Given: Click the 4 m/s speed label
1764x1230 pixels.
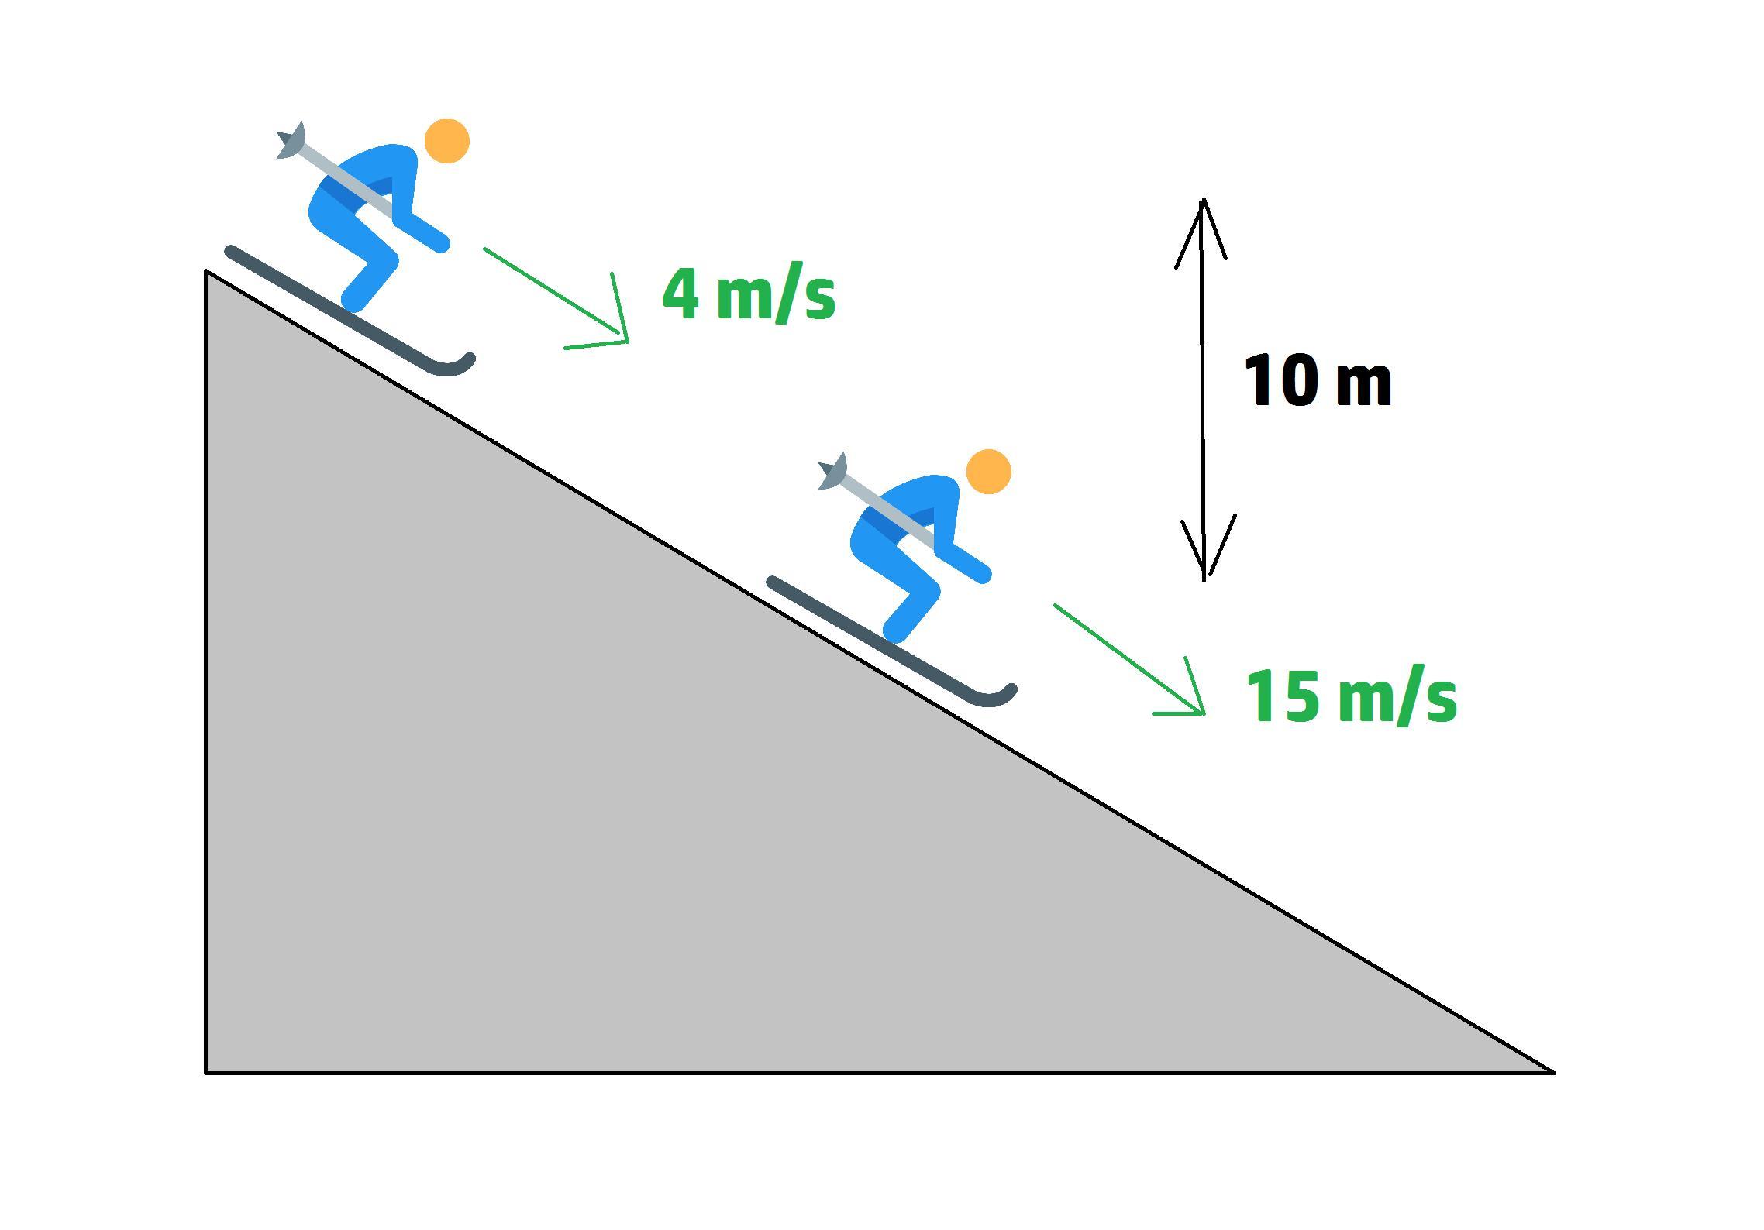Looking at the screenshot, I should click(x=749, y=294).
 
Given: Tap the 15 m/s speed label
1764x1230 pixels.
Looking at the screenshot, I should click(x=1351, y=696).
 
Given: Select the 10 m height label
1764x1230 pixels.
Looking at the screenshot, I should click(x=1318, y=381).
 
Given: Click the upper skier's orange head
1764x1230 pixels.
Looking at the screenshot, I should click(x=447, y=141).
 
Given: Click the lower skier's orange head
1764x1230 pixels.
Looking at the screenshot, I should click(x=989, y=471).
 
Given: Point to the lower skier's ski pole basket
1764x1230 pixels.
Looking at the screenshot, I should click(x=833, y=471).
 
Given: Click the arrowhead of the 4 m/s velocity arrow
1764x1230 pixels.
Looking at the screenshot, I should click(x=625, y=339).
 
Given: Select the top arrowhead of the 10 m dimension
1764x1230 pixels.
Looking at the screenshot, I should click(x=1202, y=205).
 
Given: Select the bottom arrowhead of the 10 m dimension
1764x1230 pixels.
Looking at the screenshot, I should click(x=1204, y=573).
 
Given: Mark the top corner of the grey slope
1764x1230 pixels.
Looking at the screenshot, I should click(x=206, y=271).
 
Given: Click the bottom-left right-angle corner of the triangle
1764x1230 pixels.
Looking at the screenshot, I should click(x=206, y=1072).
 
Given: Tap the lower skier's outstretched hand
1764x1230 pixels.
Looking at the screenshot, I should click(x=982, y=574).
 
